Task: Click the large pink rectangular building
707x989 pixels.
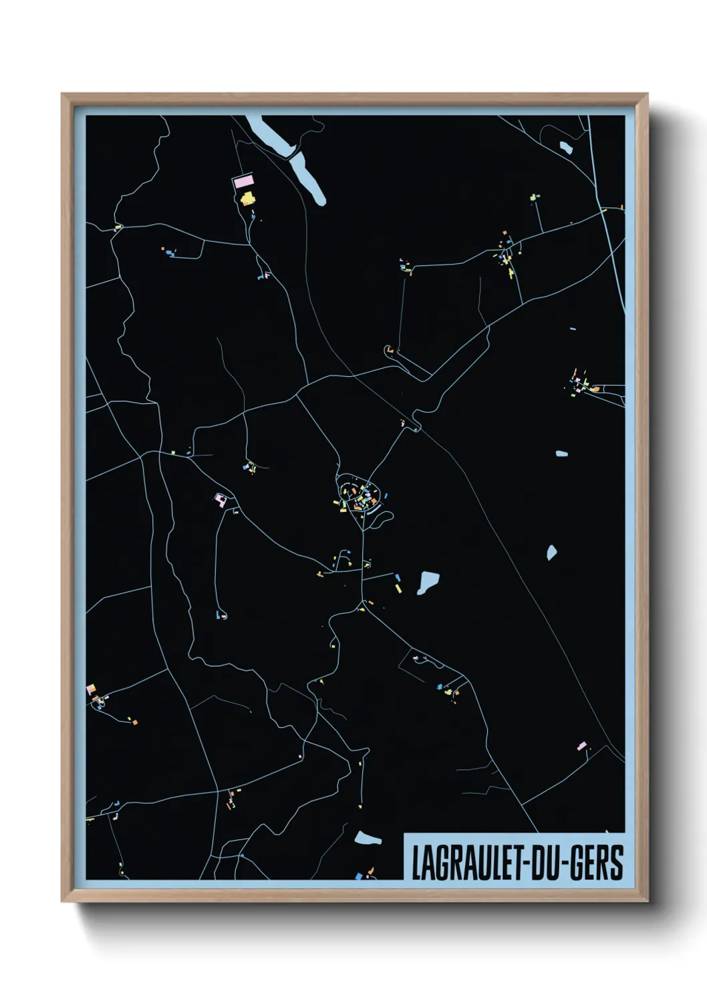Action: tap(243, 181)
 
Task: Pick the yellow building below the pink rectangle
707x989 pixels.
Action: tap(247, 198)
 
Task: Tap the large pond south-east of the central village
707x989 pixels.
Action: tap(428, 582)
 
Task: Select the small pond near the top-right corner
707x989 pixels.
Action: tap(565, 146)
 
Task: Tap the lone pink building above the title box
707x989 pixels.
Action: tap(581, 746)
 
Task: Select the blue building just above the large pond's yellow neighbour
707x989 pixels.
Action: tap(398, 577)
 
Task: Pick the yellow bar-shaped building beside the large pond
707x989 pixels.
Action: tap(399, 589)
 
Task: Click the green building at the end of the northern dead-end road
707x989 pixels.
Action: tap(534, 197)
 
